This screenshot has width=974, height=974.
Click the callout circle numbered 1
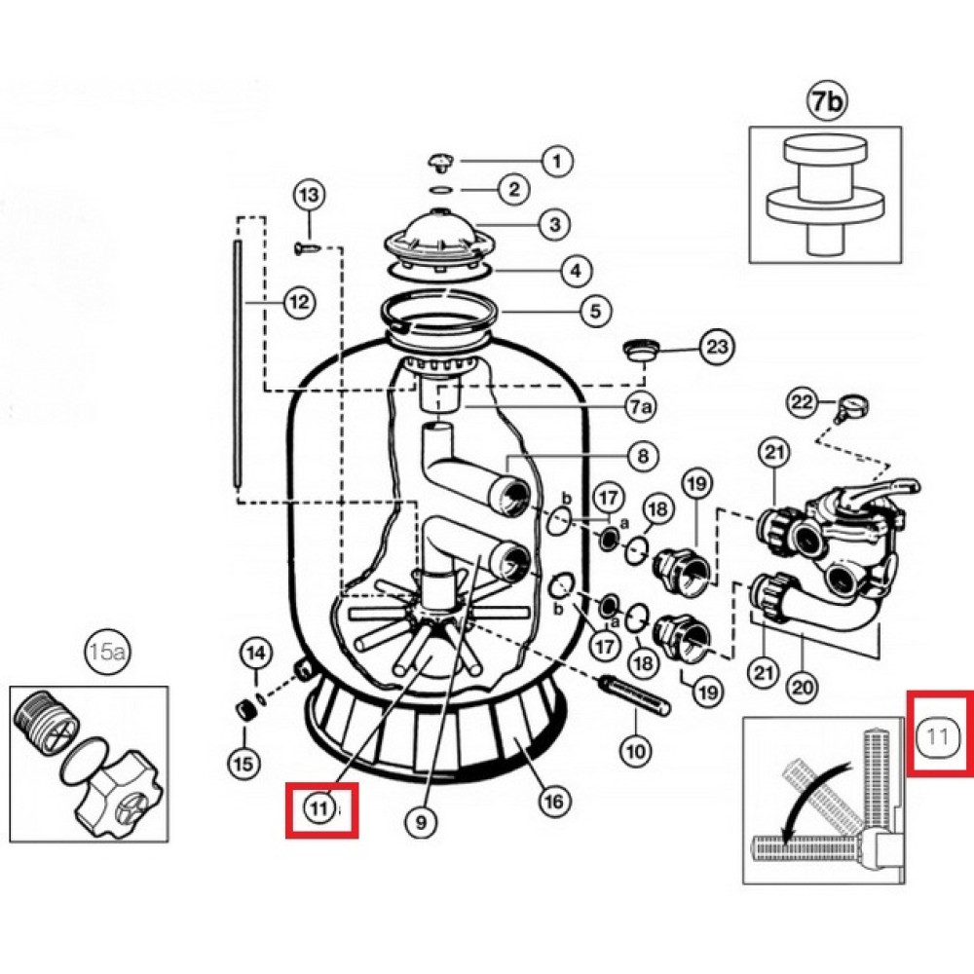point(556,162)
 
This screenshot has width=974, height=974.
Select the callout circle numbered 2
point(514,189)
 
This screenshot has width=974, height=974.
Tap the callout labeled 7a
point(641,407)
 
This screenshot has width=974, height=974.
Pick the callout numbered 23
point(717,346)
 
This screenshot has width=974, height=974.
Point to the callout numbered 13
point(310,195)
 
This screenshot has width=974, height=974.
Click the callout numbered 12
point(299,303)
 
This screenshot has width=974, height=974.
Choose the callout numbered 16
point(553,802)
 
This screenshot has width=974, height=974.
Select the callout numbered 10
point(635,752)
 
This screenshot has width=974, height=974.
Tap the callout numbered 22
point(803,402)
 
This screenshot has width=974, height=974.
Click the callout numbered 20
point(803,687)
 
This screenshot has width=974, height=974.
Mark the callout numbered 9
point(421,822)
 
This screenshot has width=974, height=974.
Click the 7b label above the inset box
point(827,102)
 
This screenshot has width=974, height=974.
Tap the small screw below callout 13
point(307,248)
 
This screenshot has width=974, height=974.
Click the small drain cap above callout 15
point(243,709)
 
